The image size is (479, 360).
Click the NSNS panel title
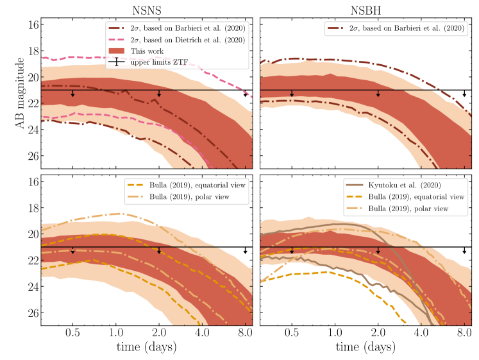[x=146, y=9]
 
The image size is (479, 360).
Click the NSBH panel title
[x=366, y=9]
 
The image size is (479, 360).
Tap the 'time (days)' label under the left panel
[x=146, y=350]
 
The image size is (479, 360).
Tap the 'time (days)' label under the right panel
[x=366, y=350]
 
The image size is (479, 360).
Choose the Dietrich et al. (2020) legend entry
[x=183, y=39]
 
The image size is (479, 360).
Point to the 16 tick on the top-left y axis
[x=33, y=24]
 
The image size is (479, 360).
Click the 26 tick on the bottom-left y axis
[x=33, y=313]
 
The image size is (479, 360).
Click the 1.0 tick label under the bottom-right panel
[x=334, y=334]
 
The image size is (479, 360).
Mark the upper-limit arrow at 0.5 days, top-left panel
[x=72, y=94]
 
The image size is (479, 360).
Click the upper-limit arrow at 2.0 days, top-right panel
[x=378, y=94]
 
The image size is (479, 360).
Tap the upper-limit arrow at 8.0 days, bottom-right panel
[x=464, y=250]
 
